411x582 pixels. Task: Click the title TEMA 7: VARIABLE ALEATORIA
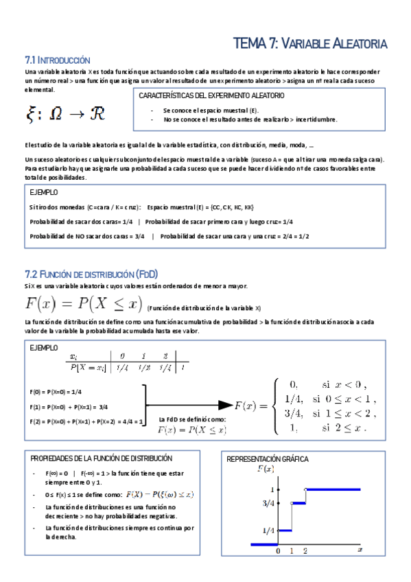pyautogui.click(x=310, y=43)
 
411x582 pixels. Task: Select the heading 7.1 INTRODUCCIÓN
pyautogui.click(x=57, y=60)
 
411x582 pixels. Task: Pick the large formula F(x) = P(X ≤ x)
pyautogui.click(x=82, y=304)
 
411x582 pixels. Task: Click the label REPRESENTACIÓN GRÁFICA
pyautogui.click(x=268, y=458)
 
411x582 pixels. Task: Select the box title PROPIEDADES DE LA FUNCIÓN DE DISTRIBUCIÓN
pyautogui.click(x=102, y=458)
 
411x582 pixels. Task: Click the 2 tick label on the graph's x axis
pyautogui.click(x=305, y=550)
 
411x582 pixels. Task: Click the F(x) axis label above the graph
pyautogui.click(x=266, y=469)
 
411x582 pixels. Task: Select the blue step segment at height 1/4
pyautogui.click(x=285, y=529)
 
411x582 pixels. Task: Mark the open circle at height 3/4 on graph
pyautogui.click(x=292, y=503)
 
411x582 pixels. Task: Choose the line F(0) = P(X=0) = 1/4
pyautogui.click(x=56, y=391)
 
